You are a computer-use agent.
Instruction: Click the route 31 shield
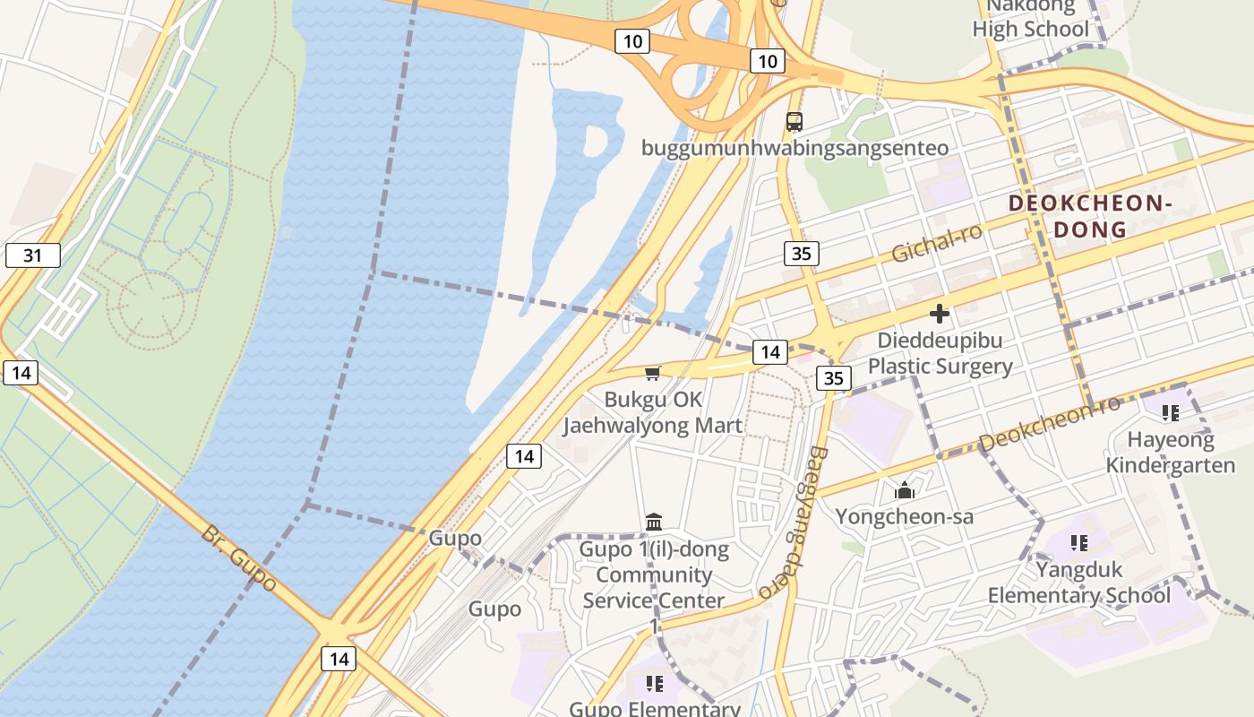[33, 255]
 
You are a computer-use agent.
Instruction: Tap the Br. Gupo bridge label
[238, 558]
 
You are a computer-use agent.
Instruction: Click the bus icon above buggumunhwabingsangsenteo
[794, 122]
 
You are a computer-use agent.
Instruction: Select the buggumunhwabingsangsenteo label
[794, 148]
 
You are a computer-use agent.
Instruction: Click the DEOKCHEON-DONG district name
[1090, 216]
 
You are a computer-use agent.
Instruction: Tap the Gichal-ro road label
[937, 243]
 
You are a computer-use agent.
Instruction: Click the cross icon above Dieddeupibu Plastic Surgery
[940, 314]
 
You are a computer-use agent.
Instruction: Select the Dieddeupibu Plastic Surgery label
[940, 353]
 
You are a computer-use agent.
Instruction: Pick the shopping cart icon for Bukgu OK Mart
[653, 373]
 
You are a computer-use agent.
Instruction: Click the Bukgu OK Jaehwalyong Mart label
[653, 412]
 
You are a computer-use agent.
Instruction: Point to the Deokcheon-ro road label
[1049, 423]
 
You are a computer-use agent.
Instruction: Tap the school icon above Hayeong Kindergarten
[1170, 412]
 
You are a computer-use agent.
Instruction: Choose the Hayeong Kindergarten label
[1171, 452]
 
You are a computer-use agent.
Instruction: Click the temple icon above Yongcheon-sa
[905, 490]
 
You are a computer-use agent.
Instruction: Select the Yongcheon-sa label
[905, 516]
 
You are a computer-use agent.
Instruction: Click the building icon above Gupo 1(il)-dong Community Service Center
[654, 522]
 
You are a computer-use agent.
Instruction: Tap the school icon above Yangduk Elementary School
[1079, 542]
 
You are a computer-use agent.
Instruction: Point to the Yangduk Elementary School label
[1078, 582]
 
